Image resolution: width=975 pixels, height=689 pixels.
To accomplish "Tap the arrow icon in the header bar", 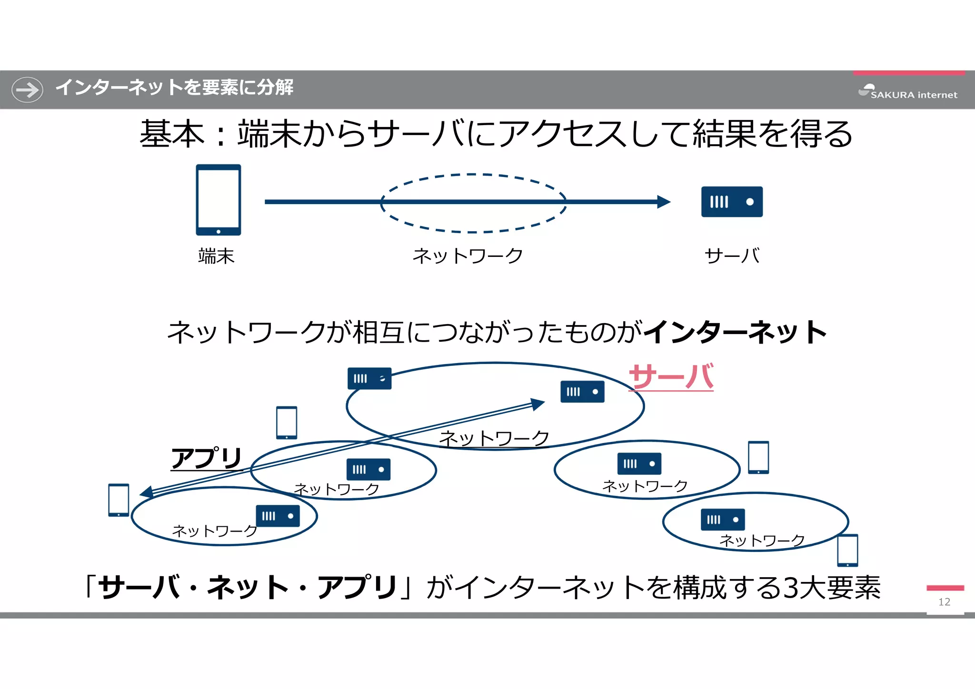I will click(x=27, y=89).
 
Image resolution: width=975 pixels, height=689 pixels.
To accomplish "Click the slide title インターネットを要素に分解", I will click(x=174, y=88).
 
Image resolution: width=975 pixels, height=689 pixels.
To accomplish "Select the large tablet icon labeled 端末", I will click(x=219, y=200).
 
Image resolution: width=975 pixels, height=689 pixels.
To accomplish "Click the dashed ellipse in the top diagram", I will click(x=473, y=175).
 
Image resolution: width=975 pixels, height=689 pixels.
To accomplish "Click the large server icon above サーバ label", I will click(x=732, y=202).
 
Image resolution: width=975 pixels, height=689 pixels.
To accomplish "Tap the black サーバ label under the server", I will click(x=732, y=256).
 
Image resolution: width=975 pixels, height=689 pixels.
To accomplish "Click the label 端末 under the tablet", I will click(x=216, y=256).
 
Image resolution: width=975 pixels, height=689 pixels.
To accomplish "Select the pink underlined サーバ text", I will click(x=671, y=377).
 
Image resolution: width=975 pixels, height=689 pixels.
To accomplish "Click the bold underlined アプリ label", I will click(x=207, y=458).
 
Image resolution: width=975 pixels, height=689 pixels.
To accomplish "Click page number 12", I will click(x=945, y=602).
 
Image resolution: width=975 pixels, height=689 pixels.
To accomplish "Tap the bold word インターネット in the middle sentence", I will click(x=736, y=332).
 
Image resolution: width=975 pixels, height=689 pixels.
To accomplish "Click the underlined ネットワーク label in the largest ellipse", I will click(x=494, y=438).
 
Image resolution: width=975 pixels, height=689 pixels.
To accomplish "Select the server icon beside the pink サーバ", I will click(x=582, y=392).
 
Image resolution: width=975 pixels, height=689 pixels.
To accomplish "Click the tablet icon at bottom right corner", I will click(x=847, y=551).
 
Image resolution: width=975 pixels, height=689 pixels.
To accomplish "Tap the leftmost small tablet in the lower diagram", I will click(x=119, y=500).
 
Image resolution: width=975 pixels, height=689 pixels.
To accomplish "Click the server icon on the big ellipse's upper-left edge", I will click(x=369, y=379).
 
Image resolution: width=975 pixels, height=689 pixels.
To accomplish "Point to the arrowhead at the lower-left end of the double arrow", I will click(x=147, y=492).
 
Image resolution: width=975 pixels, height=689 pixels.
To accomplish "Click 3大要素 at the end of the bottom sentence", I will click(x=832, y=588).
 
